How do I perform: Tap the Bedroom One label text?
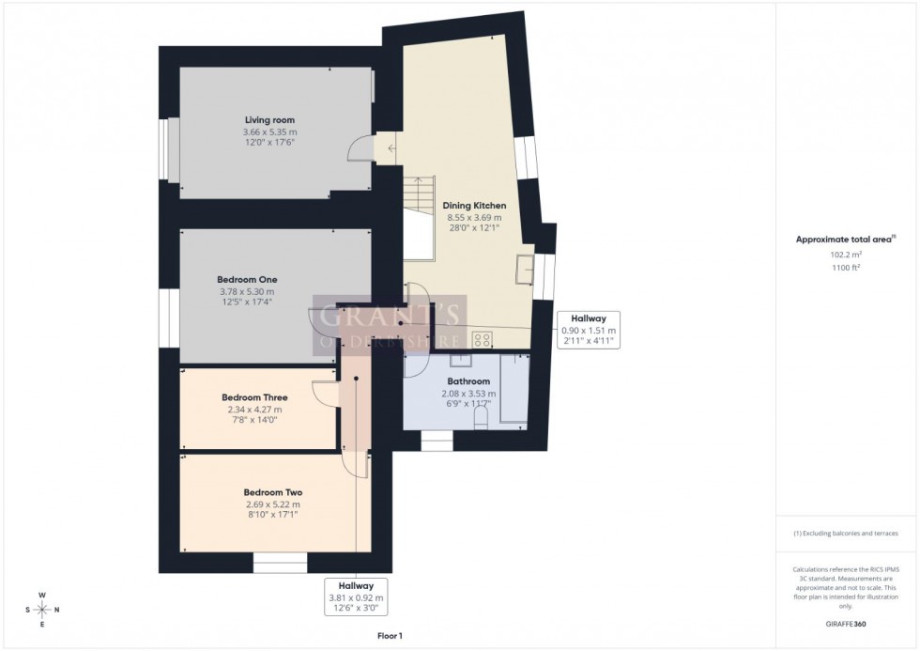coord(247,280)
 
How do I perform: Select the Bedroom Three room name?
coord(254,397)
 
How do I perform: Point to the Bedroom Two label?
coord(272,492)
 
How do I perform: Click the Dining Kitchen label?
coord(476,206)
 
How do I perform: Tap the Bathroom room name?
coord(468,381)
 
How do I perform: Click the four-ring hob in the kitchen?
coord(483,338)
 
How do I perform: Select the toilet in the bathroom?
coord(481,424)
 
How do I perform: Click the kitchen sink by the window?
coord(523,270)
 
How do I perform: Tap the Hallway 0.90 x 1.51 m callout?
coord(589,330)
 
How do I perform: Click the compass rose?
coord(42,609)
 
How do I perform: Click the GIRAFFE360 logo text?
coord(847,624)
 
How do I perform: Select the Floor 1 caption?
coord(389,636)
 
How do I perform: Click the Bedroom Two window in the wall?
coord(280,563)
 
